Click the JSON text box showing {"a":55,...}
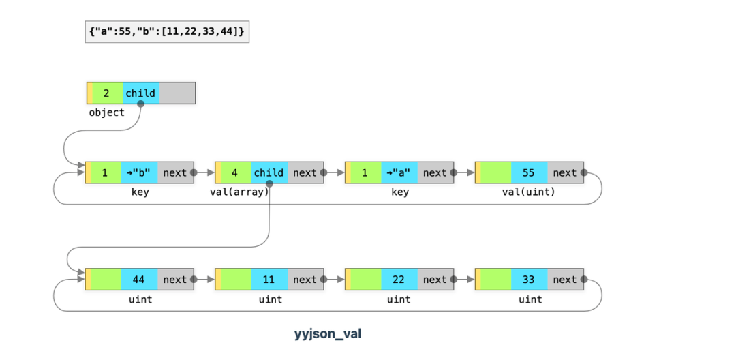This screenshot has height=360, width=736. coord(167,32)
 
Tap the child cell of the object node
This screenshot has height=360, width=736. coord(141,93)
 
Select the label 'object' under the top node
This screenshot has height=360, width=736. coord(106,112)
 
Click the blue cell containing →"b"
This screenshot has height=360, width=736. coord(140,172)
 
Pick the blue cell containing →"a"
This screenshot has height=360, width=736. coord(399,172)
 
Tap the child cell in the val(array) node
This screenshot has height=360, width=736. coord(269,172)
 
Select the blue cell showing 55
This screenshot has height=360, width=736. coord(530,172)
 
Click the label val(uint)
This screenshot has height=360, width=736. coord(529,192)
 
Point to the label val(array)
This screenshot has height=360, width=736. coord(239,192)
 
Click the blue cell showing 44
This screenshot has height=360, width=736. coord(140,280)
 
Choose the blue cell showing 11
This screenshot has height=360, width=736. coord(269,280)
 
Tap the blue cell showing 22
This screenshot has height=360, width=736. coord(399,280)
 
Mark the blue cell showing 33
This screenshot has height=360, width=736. coord(530,280)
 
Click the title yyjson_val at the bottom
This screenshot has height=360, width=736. coord(328,334)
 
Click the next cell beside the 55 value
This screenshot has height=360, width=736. coord(566,172)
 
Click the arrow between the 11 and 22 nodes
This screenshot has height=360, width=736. coord(334,280)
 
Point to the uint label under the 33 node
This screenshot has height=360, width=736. coord(530,299)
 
